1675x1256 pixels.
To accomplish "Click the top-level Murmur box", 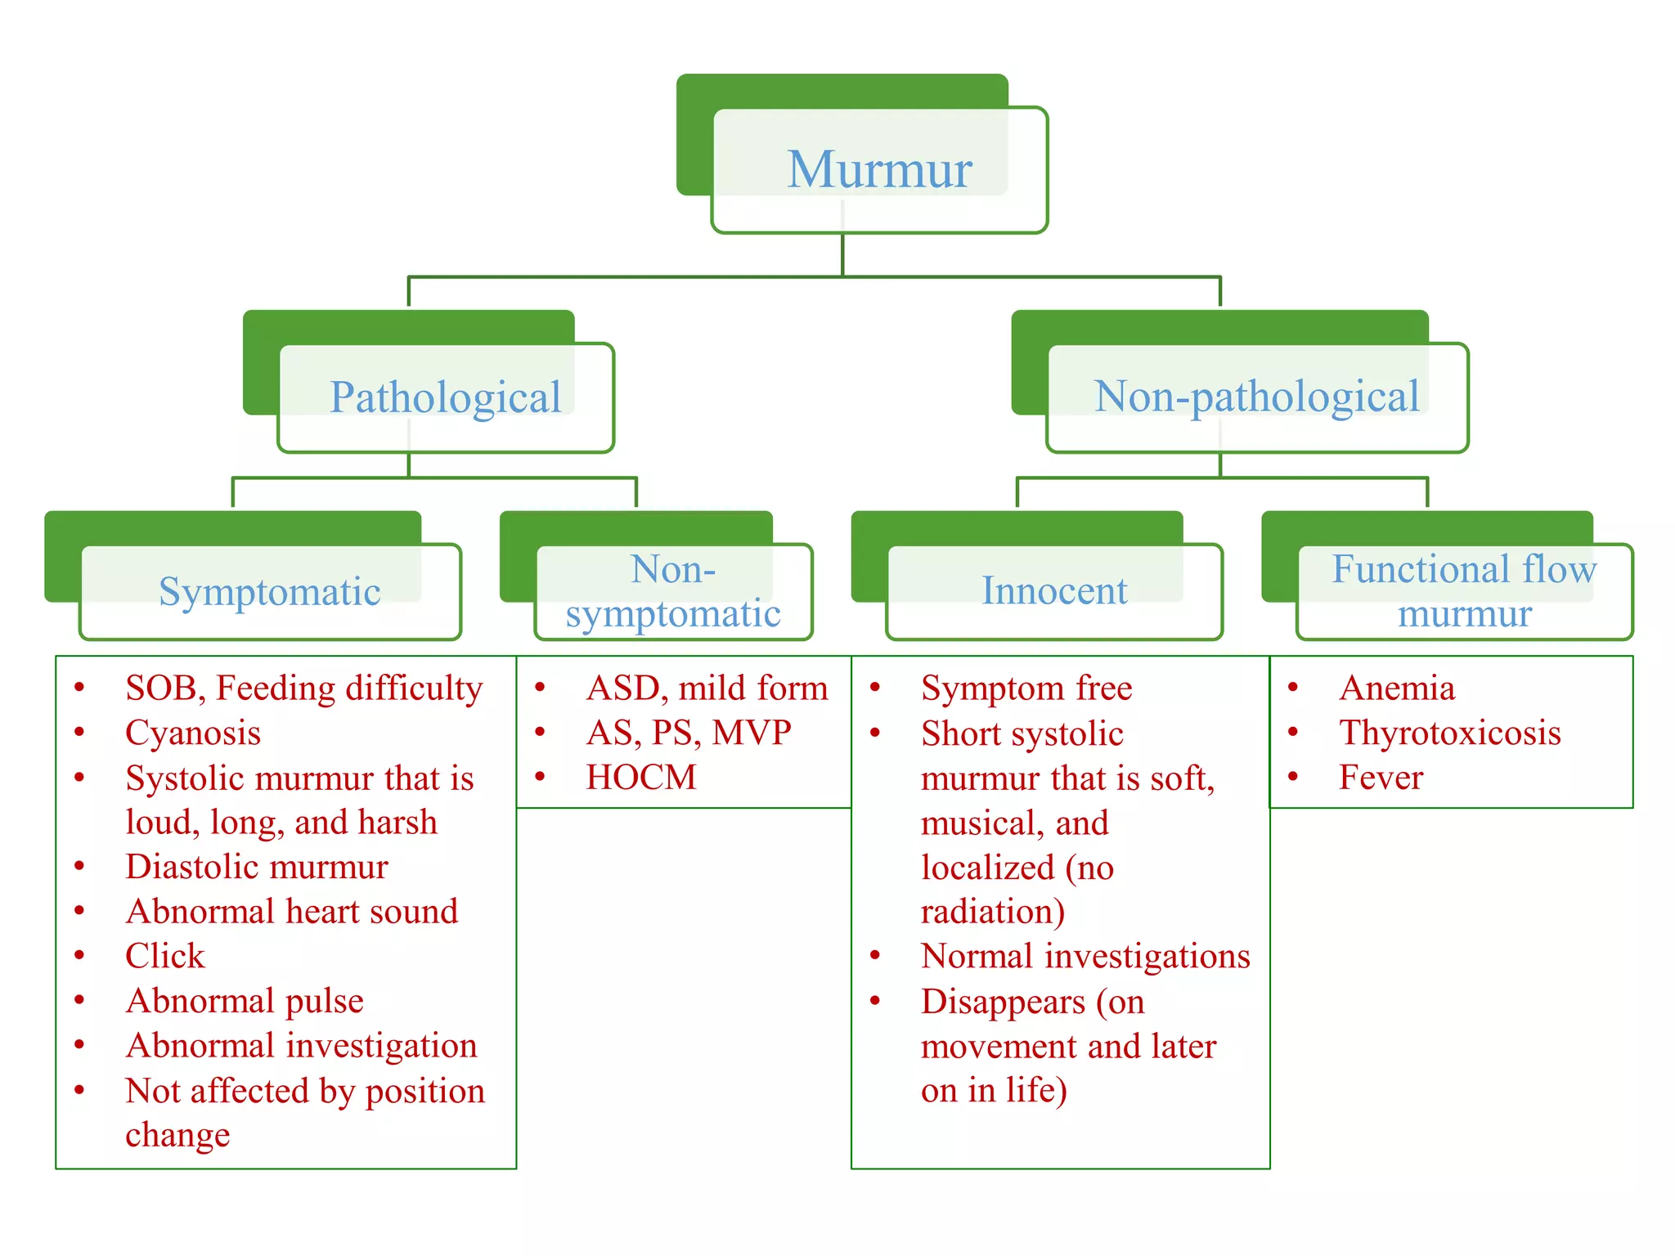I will click(x=879, y=170).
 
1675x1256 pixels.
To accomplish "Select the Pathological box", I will click(x=446, y=397).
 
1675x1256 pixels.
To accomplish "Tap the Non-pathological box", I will click(x=1257, y=397).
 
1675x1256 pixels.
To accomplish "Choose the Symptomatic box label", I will click(x=270, y=591).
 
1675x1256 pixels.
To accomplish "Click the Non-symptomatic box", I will click(x=673, y=591).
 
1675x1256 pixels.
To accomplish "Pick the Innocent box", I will click(x=1054, y=590).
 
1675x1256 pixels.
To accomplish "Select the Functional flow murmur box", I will click(x=1464, y=591).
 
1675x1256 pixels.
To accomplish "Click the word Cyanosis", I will click(x=193, y=733).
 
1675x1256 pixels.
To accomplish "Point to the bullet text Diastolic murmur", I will click(x=257, y=867).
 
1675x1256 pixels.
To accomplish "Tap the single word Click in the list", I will click(x=164, y=956).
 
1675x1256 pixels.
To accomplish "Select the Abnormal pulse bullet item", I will click(x=245, y=1001).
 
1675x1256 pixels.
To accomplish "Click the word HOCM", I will click(x=641, y=778).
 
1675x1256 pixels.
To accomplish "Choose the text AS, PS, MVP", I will click(x=689, y=733).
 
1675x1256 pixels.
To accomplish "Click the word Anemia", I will click(x=1397, y=688).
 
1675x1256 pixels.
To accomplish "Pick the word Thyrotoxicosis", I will click(x=1450, y=733).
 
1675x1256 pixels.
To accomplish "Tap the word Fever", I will click(x=1381, y=778).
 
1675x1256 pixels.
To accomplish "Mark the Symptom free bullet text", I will click(x=1026, y=688).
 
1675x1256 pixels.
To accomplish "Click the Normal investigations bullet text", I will click(x=1085, y=956).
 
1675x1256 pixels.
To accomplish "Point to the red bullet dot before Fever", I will click(x=1293, y=776).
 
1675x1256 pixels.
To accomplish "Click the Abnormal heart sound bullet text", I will click(x=292, y=912).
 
